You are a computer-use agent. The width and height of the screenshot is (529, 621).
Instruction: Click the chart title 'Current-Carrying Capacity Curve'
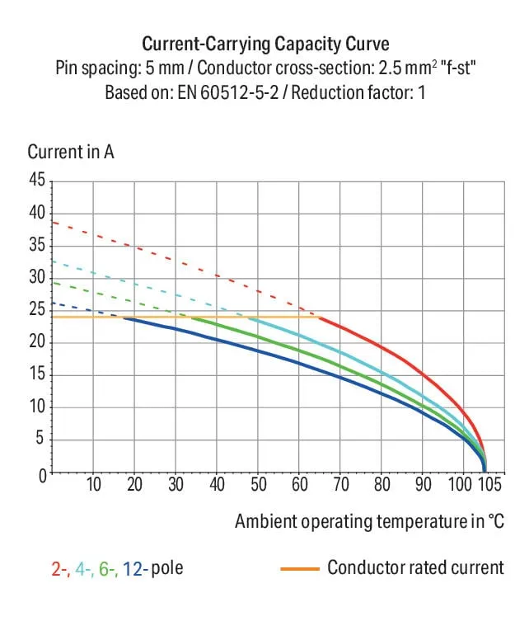coord(265,44)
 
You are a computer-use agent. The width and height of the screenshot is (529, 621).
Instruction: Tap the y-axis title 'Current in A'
coord(71,152)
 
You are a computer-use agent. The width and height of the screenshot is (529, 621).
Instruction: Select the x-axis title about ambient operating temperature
coord(369,521)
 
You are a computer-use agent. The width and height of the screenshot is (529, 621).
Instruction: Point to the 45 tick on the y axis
coord(37,180)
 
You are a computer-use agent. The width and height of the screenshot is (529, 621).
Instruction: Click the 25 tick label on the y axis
coord(37,309)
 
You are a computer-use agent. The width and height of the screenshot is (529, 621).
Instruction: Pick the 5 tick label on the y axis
coord(40,438)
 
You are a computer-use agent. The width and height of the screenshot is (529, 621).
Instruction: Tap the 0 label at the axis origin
coord(42,476)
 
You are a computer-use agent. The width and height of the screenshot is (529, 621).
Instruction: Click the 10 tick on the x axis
coord(94,484)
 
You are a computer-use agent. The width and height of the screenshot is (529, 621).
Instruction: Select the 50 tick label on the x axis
coord(259,484)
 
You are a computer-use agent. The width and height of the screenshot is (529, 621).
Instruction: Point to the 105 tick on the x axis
coord(490,484)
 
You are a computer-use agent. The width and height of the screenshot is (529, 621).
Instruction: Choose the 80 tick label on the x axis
coord(382,484)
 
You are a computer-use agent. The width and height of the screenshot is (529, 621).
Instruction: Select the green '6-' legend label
coord(108,569)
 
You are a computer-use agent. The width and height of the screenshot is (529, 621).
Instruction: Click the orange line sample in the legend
coord(300,569)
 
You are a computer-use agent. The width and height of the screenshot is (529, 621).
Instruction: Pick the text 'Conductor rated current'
coord(416,567)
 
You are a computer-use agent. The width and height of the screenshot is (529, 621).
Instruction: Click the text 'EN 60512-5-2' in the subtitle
coord(228,93)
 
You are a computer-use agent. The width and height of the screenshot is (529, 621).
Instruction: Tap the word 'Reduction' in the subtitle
coord(326,93)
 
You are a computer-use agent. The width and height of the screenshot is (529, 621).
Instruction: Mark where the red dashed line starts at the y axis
coord(53,222)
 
